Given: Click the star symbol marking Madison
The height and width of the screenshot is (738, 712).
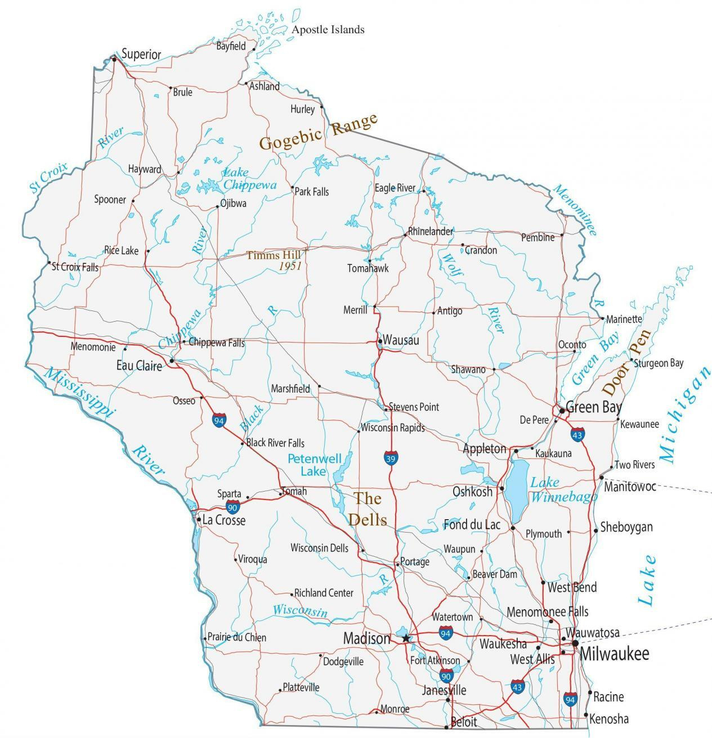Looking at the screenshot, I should point(406,638).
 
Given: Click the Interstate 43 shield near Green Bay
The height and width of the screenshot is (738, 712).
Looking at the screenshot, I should point(576,434).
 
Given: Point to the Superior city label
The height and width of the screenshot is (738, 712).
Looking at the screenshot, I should point(141,55).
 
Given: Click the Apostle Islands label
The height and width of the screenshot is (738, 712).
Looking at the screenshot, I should point(328,29).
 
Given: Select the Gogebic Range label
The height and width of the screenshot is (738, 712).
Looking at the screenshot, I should point(318,132).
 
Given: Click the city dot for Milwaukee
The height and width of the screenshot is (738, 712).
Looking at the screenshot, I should point(575,643).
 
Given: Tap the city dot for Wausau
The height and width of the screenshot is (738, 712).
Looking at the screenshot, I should point(380,341).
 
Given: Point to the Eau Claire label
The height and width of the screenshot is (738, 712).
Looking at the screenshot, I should point(139,366).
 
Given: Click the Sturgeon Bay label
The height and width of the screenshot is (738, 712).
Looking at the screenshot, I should point(659,363).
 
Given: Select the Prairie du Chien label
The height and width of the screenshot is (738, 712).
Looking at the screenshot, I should point(237,637).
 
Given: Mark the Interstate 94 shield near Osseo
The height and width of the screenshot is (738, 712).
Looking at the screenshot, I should point(220,420).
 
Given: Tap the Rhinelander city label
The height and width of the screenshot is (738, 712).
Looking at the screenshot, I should point(431,231).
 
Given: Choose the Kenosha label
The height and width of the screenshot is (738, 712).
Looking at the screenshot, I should point(610,719).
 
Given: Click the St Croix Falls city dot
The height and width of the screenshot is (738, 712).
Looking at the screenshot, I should point(49,263).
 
